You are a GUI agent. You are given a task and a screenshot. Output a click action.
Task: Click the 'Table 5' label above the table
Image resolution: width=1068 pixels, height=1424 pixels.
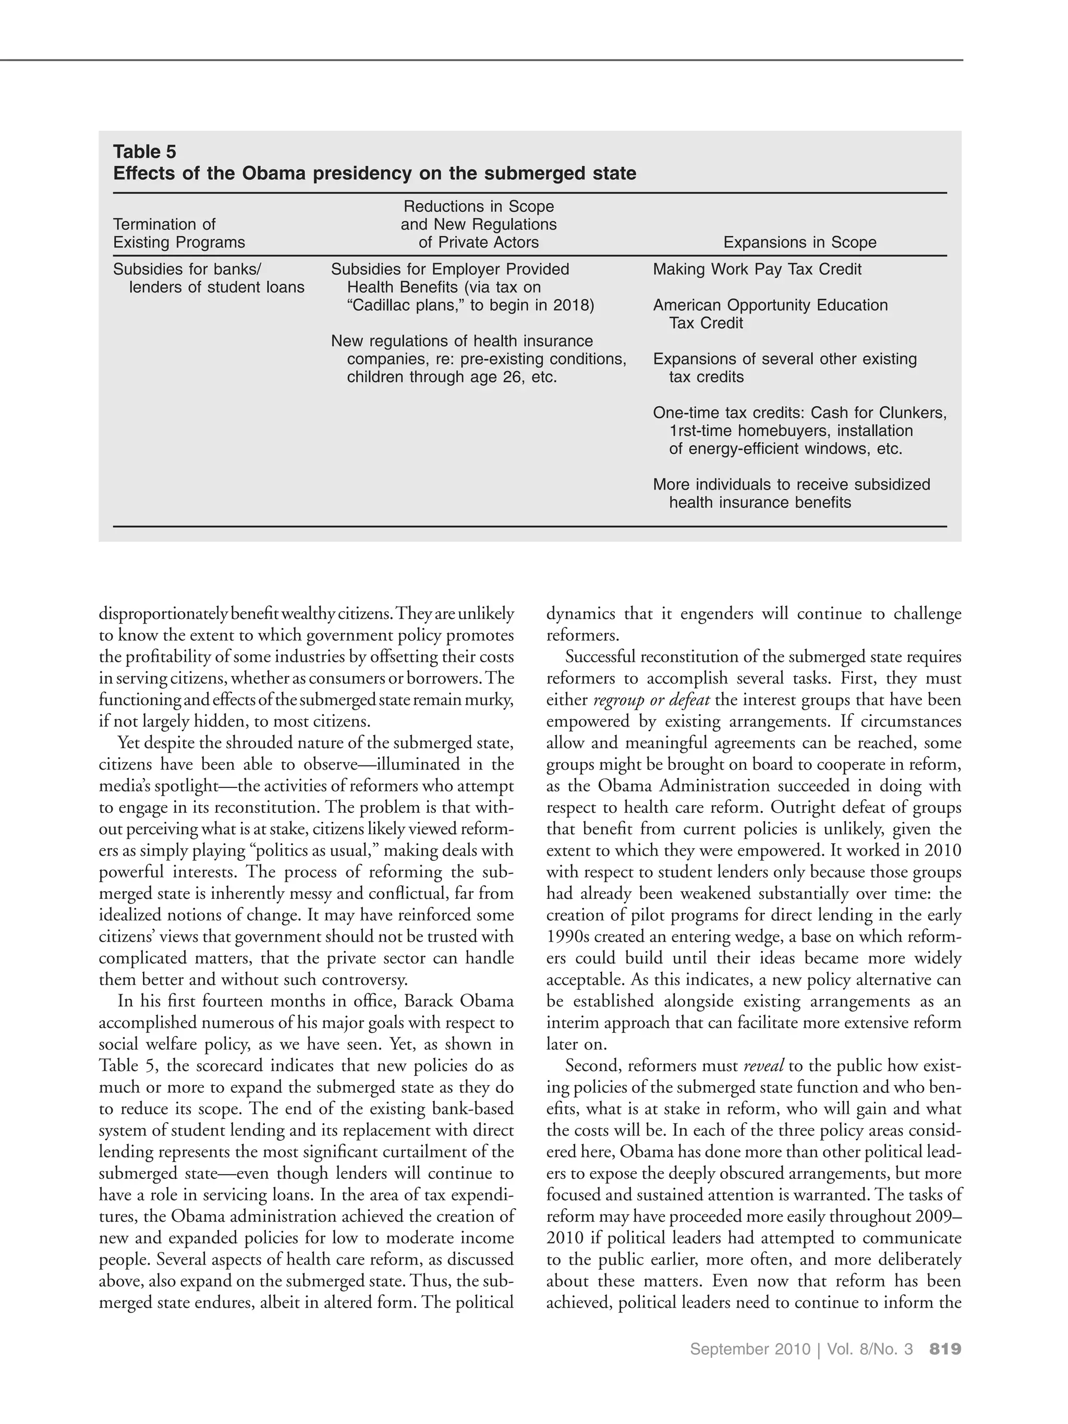144,151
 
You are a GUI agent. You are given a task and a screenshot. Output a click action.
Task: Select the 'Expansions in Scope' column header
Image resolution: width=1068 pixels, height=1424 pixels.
799,242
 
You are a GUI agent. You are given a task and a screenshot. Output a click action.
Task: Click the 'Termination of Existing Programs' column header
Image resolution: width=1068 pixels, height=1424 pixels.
178,233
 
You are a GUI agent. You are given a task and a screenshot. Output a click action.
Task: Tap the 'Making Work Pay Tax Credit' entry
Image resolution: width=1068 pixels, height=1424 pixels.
757,269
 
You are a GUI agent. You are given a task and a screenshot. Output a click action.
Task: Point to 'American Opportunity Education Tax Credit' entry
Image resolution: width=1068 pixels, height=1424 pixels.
769,313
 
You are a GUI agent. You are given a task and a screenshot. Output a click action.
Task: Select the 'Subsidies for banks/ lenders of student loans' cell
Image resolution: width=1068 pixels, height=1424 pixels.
208,278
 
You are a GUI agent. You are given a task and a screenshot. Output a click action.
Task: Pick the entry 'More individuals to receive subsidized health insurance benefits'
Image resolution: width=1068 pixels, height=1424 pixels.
791,493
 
